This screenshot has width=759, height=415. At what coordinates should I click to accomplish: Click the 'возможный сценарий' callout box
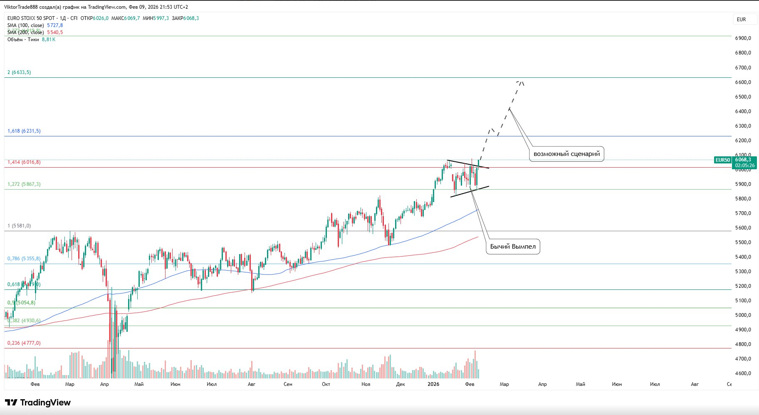click(x=566, y=154)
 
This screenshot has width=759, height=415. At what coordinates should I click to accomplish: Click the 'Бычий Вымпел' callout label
click(x=513, y=247)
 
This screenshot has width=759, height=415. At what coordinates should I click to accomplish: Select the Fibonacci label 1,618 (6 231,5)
click(x=24, y=131)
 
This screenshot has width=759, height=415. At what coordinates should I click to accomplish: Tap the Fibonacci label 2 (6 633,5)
click(x=19, y=72)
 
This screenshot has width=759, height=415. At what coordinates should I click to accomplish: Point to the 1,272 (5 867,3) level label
click(x=24, y=184)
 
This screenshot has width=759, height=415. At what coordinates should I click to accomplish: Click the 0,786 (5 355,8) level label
click(x=24, y=259)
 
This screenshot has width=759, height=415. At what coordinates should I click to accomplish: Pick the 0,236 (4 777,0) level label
click(x=24, y=343)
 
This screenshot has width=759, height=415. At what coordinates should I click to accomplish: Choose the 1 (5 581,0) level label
click(x=19, y=226)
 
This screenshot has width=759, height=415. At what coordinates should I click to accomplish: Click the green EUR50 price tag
click(x=722, y=160)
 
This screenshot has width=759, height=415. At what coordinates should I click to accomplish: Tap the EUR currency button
click(x=741, y=20)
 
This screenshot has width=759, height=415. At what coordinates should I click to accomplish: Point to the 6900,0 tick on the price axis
click(x=743, y=38)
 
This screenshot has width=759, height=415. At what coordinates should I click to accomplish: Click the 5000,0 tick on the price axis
click(x=743, y=315)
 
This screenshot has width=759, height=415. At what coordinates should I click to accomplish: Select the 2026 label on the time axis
click(x=433, y=384)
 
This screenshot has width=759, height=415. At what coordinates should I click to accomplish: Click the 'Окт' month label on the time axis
click(x=326, y=384)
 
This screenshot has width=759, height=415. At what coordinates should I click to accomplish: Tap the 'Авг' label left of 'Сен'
click(x=251, y=384)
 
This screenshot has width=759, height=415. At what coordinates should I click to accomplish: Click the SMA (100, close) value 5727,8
click(x=55, y=25)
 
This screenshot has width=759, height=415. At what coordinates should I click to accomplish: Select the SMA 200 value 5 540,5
click(x=55, y=32)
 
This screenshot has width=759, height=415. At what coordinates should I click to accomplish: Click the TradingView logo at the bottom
click(x=38, y=403)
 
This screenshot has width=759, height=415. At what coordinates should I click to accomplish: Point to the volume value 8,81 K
click(x=48, y=40)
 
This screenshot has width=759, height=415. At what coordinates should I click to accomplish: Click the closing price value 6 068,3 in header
click(x=192, y=18)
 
